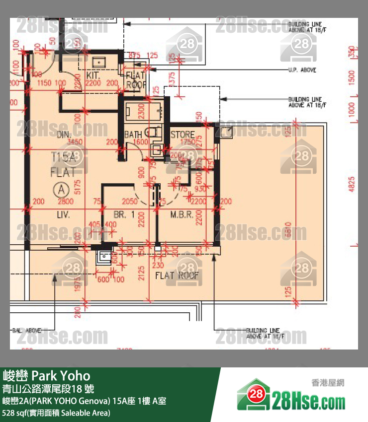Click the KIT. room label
pyautogui.click(x=93, y=75)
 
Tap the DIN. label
pyautogui.click(x=65, y=135)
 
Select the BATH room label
pyautogui.click(x=133, y=135)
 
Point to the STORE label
pyautogui.click(x=183, y=135)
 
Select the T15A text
pyautogui.click(x=63, y=157)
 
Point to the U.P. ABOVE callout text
pyautogui.click(x=302, y=70)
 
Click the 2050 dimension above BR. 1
pyautogui.click(x=129, y=201)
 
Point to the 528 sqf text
pyautogui.click(x=15, y=413)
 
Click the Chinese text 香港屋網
pyautogui.click(x=327, y=383)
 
